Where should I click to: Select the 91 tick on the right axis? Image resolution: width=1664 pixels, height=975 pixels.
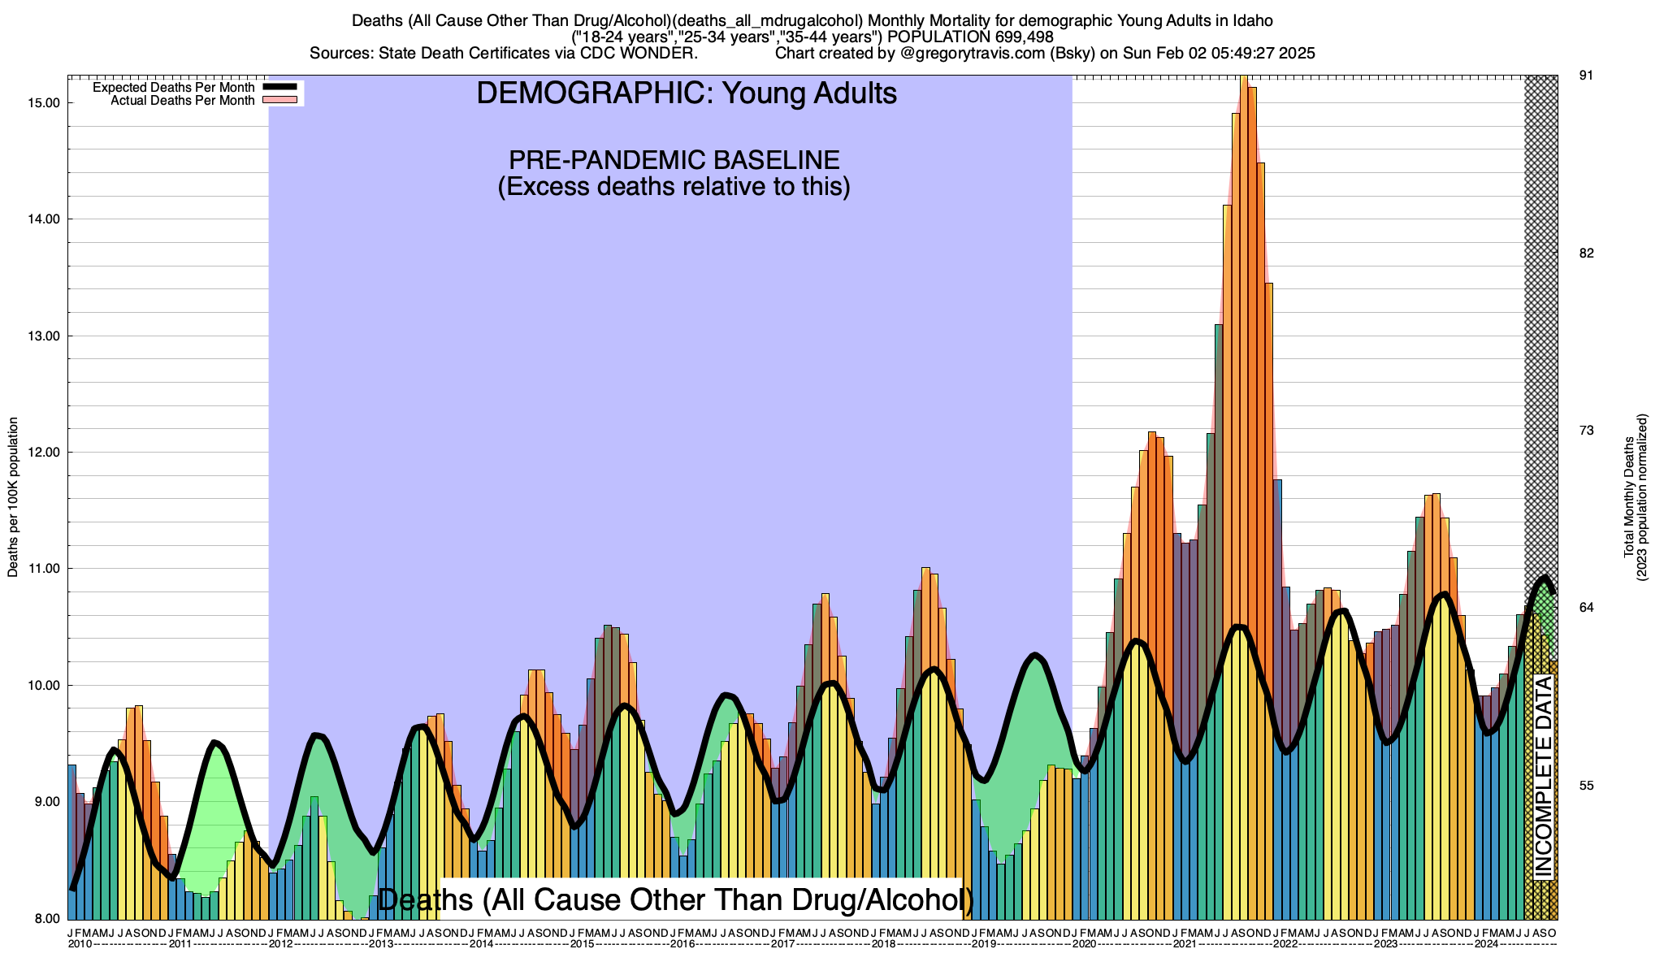(1586, 76)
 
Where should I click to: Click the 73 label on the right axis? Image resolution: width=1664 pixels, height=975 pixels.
(1586, 431)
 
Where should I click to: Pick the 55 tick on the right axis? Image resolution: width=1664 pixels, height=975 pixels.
(1586, 786)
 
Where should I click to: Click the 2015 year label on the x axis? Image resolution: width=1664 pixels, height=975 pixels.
(582, 944)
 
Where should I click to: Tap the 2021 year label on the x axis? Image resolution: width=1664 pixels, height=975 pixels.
(1185, 944)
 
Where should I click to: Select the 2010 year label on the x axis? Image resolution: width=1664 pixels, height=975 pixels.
(80, 944)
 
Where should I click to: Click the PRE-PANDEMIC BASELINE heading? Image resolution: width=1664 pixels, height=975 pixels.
(674, 160)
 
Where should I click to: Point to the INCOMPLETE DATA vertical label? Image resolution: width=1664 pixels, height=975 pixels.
(1543, 776)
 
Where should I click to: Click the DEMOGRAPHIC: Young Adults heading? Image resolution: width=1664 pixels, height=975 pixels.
(687, 93)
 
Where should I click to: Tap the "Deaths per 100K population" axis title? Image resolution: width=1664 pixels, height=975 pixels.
(13, 497)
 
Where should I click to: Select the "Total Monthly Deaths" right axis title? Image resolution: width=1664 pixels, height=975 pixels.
(1628, 497)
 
